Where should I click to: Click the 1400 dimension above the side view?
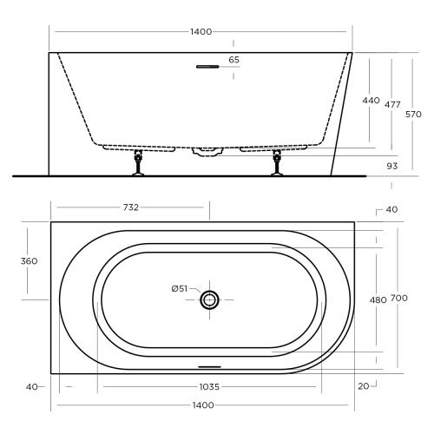point(201,32)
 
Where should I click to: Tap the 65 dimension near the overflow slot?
point(233,60)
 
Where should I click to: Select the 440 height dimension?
point(371,101)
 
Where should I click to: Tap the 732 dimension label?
point(131,207)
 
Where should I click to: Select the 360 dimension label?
point(27,261)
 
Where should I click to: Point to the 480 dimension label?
point(378,299)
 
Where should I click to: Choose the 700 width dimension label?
point(398,299)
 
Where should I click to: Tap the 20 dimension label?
point(361,385)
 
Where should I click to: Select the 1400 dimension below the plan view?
point(201,405)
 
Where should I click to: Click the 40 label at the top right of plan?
point(391,209)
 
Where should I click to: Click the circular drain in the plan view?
point(210,299)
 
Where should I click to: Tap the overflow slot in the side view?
point(208,66)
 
